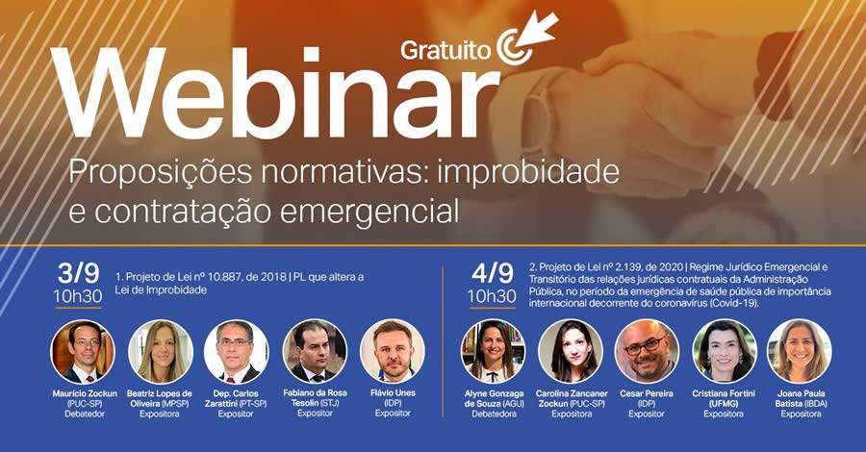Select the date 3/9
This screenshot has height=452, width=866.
click(83, 270)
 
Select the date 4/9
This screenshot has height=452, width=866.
click(491, 270)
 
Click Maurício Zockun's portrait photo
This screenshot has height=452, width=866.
click(83, 351)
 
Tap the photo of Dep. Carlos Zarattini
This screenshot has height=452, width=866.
click(237, 351)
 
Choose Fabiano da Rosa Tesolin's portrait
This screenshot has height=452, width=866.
click(315, 351)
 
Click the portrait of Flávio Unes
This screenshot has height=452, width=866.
click(392, 351)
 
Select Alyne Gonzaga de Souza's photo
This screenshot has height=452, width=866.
click(494, 351)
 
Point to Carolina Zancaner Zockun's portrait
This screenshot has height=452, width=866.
click(571, 351)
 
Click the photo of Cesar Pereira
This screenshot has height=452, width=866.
click(647, 351)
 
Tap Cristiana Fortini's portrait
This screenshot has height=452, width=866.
click(724, 351)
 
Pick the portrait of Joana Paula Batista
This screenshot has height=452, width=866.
click(800, 351)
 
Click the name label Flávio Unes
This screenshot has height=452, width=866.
click(392, 393)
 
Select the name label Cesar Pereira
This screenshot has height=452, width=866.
click(647, 393)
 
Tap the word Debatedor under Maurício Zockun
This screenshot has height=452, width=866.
click(83, 414)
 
